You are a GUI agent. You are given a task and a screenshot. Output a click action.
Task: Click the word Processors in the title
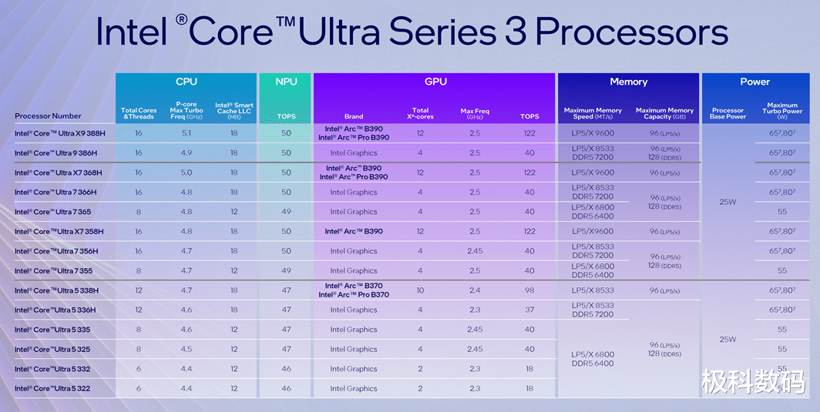[631, 32]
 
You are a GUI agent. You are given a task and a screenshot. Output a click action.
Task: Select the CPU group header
[186, 82]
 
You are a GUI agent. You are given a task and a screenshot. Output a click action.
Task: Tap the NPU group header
[286, 82]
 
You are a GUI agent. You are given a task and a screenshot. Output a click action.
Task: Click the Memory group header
[628, 82]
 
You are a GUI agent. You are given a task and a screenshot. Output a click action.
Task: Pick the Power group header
[754, 82]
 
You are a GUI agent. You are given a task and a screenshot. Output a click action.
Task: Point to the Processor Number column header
[48, 116]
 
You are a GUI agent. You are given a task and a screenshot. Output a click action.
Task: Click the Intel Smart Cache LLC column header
[234, 110]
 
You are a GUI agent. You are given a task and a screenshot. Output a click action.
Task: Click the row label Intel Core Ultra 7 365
[52, 212]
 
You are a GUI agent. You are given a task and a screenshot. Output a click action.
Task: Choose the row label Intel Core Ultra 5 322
[52, 389]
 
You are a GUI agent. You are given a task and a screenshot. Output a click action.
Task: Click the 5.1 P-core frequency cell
[186, 133]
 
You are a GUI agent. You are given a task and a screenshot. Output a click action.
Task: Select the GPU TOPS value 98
[529, 290]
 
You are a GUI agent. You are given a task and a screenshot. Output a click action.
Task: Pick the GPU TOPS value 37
[529, 310]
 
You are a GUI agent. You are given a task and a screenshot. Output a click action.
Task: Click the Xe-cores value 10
[420, 290]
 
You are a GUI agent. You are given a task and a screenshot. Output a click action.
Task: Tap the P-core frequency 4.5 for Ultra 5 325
[186, 350]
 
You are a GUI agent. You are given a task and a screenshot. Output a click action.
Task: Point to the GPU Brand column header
[353, 117]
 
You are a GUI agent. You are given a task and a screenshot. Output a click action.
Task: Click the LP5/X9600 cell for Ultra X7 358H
[593, 232]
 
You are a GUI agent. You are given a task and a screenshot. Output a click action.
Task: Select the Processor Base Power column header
[728, 113]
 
